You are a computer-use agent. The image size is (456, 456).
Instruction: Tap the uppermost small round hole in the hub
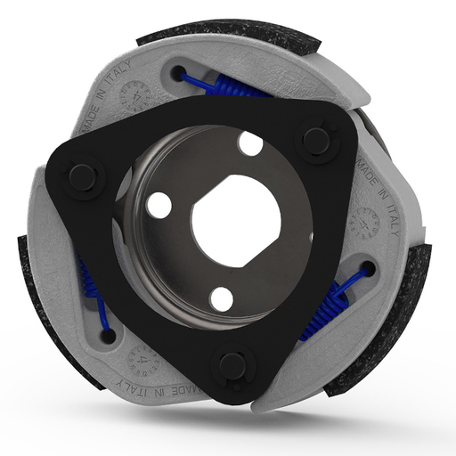click(x=251, y=142)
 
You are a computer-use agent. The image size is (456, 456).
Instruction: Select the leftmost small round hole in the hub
click(x=159, y=206)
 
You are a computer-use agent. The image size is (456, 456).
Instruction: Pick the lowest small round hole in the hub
click(x=222, y=298)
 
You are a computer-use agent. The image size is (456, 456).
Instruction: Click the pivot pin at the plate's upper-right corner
click(x=317, y=140)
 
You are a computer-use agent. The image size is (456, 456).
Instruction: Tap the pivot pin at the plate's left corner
click(x=83, y=176)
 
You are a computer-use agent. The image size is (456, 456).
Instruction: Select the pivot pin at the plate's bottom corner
click(x=232, y=364)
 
